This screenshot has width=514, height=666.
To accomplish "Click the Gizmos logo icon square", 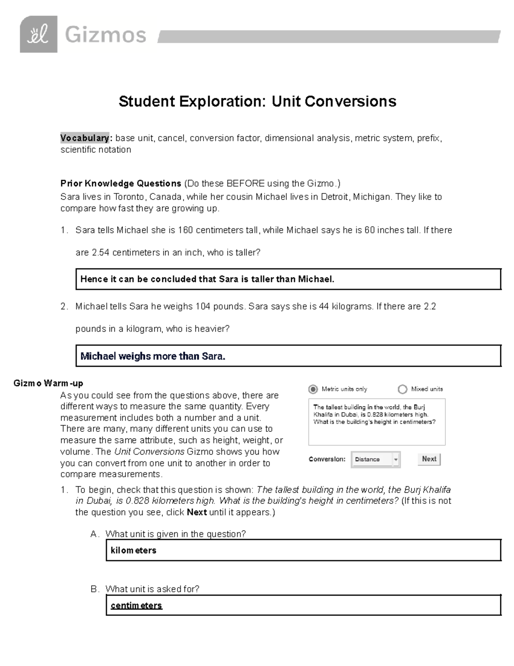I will [39, 34].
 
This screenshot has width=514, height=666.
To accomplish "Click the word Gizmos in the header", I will [105, 35].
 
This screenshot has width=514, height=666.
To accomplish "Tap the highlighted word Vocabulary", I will [85, 138].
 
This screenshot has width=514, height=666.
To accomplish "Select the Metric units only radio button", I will [313, 389].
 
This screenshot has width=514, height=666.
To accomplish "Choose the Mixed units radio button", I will [402, 389].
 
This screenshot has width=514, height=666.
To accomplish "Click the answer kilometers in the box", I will [133, 550].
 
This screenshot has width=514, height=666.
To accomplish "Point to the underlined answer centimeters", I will [136, 606].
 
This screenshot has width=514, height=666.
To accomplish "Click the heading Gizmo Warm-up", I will [48, 383].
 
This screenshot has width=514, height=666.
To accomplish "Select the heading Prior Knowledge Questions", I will [121, 184].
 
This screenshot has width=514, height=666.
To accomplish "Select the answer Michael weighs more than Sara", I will [153, 356].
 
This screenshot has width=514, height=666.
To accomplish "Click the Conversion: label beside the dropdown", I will [327, 459].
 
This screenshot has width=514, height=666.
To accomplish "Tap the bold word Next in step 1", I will [197, 512].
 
